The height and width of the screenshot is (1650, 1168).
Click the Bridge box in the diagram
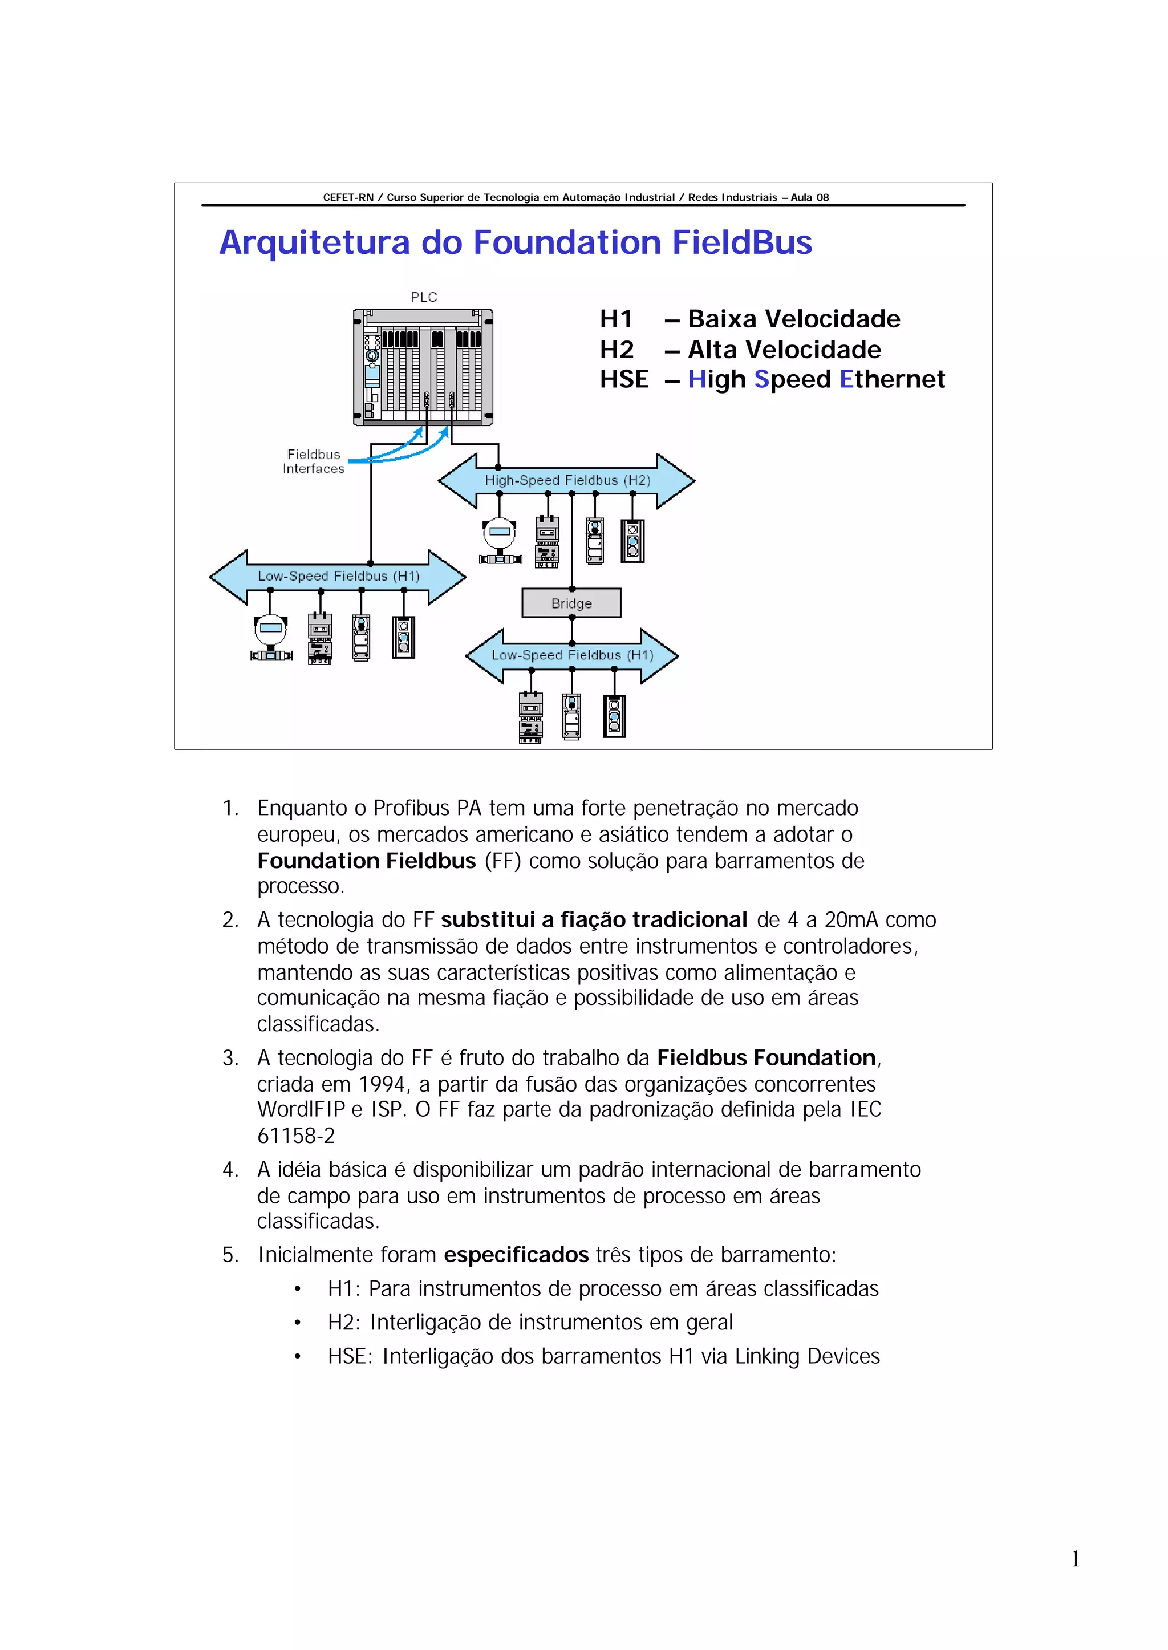[571, 603]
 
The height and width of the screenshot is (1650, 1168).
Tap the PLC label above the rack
[424, 297]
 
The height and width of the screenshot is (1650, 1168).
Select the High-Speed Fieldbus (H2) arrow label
[567, 480]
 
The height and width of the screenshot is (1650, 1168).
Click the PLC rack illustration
[423, 367]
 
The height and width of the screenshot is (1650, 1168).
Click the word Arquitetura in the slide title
[315, 242]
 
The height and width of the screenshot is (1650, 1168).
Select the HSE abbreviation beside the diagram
[623, 379]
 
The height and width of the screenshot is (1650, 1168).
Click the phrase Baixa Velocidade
[793, 319]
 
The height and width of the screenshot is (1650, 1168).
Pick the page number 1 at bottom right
[1075, 1559]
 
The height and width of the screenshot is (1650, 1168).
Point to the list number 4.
[229, 1170]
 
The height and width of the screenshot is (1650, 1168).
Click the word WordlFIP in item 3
[301, 1110]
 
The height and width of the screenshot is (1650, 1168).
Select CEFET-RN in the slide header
[348, 197]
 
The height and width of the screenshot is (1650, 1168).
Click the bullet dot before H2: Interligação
[297, 1323]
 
